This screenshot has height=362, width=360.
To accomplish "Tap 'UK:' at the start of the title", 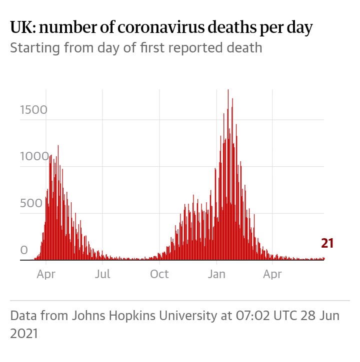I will click(x=22, y=28).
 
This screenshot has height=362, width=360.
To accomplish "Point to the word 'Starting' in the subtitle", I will click(x=31, y=49).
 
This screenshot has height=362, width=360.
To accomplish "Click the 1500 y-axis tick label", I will click(x=33, y=110).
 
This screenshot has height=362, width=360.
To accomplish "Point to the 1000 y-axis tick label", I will click(x=33, y=156).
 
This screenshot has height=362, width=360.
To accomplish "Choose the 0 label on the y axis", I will click(x=23, y=250).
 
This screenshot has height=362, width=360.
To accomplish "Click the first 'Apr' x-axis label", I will click(x=46, y=274).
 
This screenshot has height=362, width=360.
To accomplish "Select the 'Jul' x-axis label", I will click(x=103, y=274).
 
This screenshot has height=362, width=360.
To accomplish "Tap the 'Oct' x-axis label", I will click(x=159, y=274).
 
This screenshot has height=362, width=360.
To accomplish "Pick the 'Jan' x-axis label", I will click(x=217, y=274).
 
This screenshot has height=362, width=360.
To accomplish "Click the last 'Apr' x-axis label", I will click(x=272, y=274).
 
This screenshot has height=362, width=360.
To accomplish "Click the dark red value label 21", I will click(x=327, y=244).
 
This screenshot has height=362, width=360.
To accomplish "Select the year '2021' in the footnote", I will click(x=24, y=333).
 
